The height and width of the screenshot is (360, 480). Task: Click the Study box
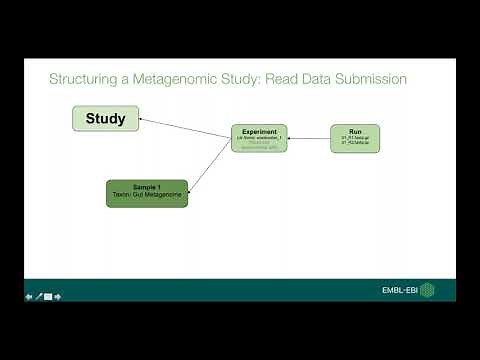[x=105, y=119]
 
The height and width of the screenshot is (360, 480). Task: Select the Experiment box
[x=259, y=138]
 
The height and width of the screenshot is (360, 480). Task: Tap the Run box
[x=355, y=138]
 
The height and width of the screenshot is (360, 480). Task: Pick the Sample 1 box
[x=146, y=193]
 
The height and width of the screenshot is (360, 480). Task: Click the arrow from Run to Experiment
[x=309, y=138]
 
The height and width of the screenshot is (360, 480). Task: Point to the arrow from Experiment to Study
[x=185, y=127]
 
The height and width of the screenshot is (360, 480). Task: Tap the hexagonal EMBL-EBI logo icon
[x=427, y=291]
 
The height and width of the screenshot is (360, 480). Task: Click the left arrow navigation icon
[x=29, y=296]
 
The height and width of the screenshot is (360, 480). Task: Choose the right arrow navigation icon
[x=58, y=296]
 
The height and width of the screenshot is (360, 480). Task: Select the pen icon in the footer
[x=38, y=296]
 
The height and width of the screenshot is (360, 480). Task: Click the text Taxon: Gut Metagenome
[x=146, y=197]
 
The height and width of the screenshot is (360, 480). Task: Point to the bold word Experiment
[x=259, y=130]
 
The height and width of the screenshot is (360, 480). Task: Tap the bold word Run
[x=355, y=130]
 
